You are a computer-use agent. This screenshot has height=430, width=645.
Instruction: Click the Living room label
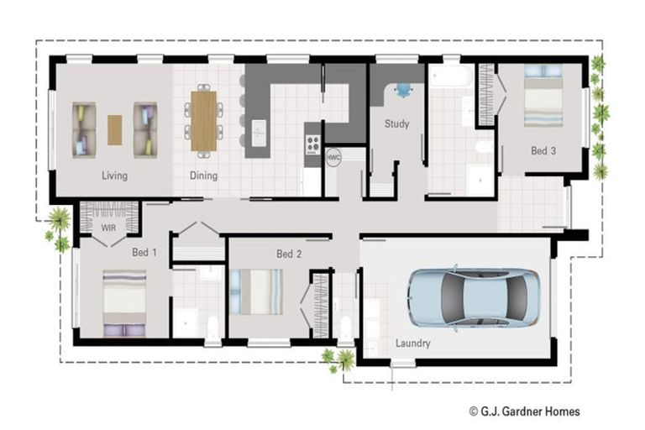click(x=114, y=176)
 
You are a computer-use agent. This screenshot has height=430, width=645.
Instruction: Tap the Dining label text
click(x=203, y=176)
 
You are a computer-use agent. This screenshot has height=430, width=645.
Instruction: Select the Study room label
click(x=396, y=124)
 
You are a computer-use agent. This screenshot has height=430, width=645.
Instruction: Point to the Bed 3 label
click(x=543, y=151)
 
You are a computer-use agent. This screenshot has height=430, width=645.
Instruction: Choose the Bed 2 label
click(x=289, y=254)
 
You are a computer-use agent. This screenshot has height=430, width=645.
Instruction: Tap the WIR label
click(x=107, y=227)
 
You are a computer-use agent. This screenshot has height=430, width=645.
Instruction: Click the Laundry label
click(x=412, y=343)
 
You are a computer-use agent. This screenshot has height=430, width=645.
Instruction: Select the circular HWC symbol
click(x=333, y=157)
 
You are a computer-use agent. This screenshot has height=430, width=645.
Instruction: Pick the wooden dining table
click(x=203, y=121)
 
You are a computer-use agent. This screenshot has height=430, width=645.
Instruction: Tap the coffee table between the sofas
click(x=114, y=129)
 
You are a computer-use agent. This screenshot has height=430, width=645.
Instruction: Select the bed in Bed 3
click(x=543, y=97)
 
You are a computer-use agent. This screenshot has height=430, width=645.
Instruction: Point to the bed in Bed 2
click(x=257, y=291)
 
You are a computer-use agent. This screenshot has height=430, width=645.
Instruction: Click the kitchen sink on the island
click(x=259, y=128)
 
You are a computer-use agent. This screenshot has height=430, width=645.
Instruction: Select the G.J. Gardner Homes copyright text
click(x=524, y=411)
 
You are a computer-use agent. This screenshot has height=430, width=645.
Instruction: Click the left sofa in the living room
click(x=84, y=129)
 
